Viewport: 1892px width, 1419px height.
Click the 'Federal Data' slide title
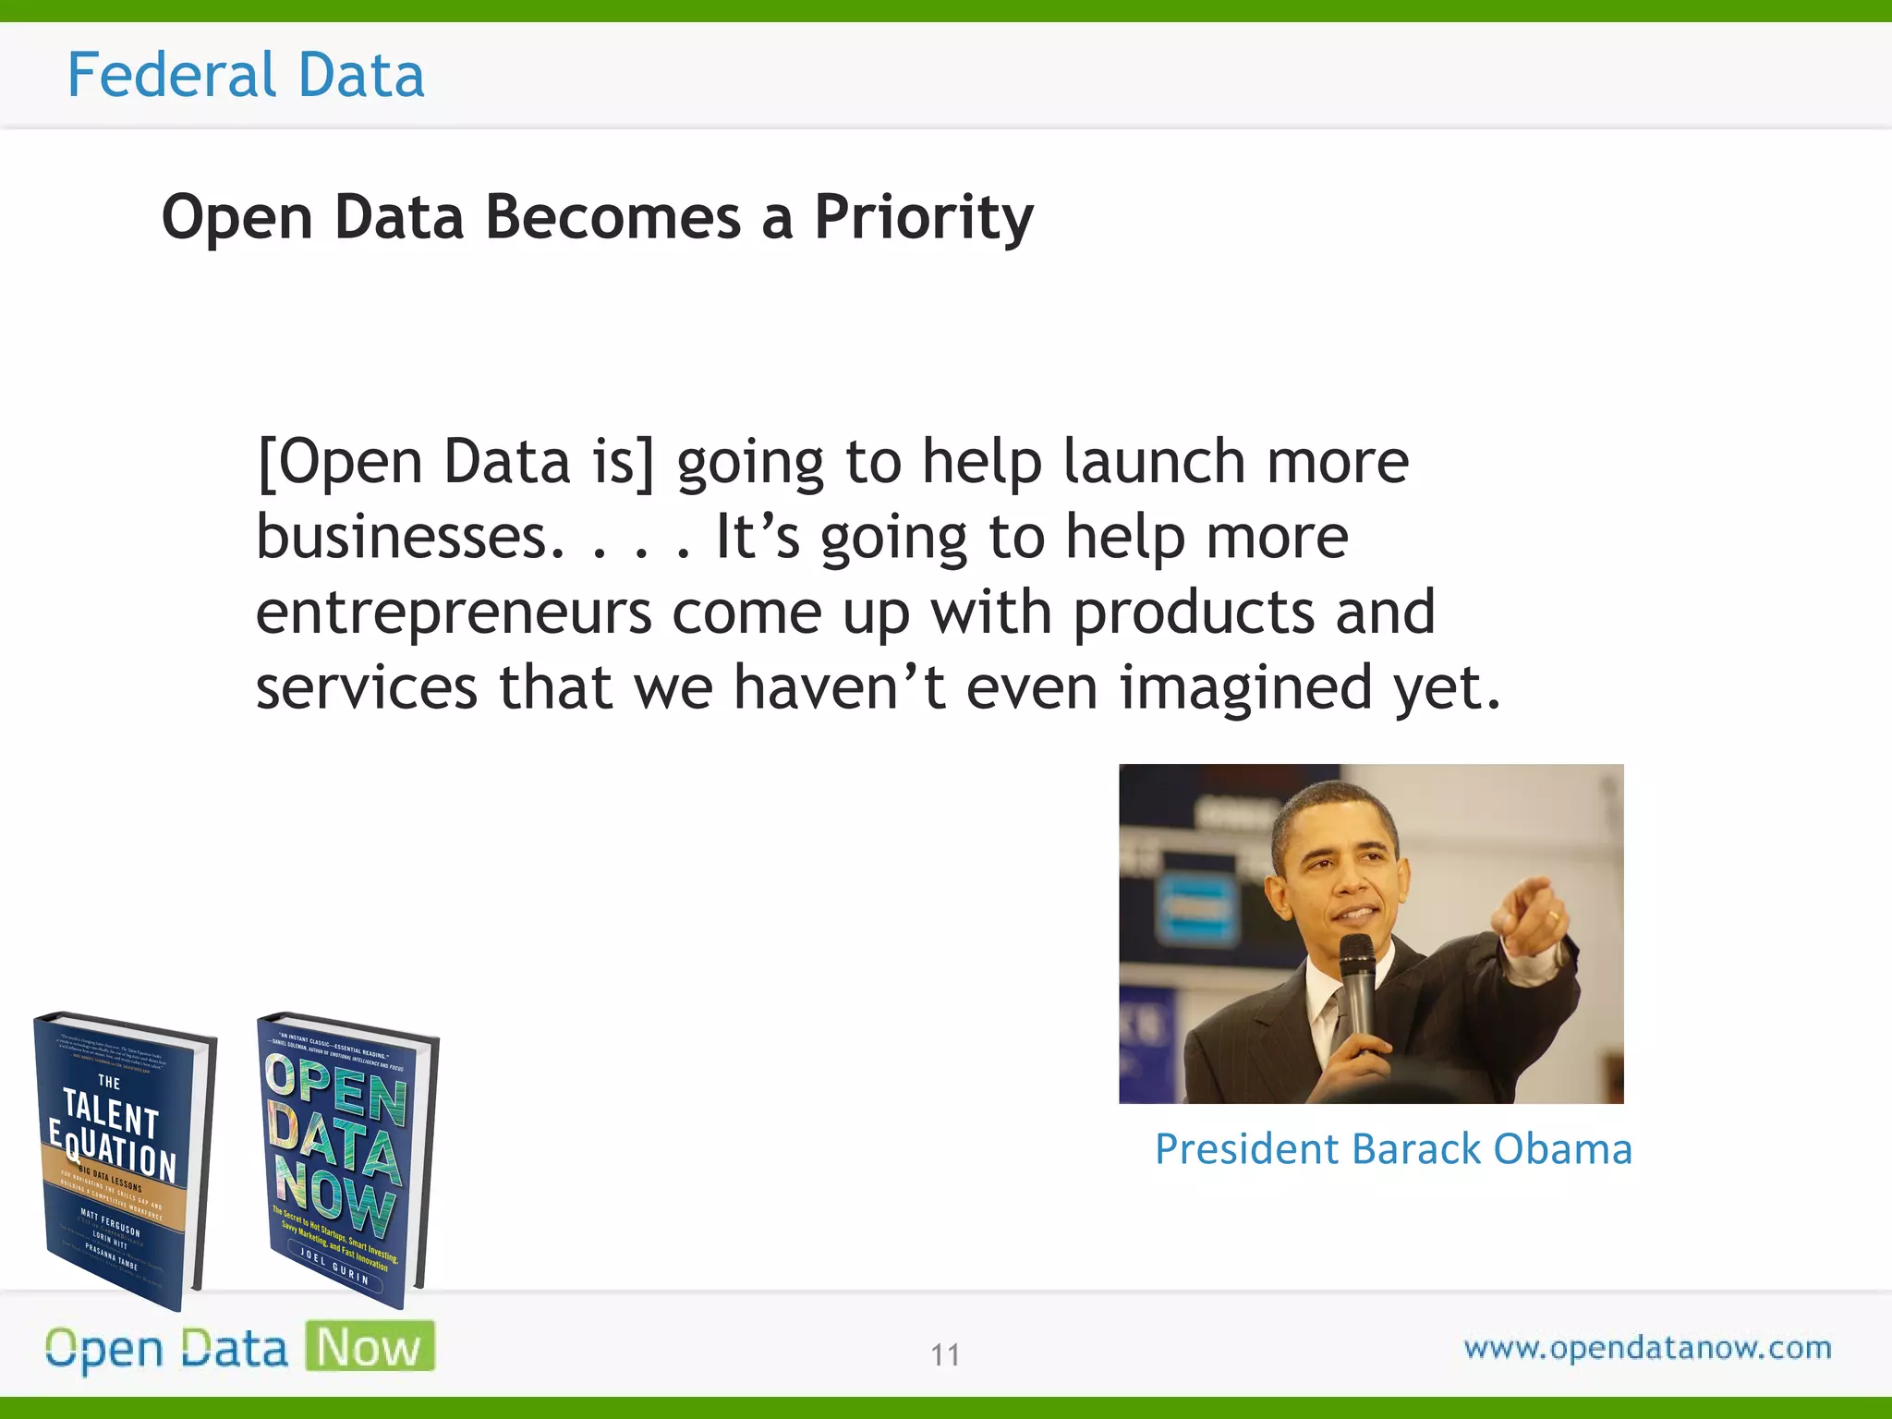246,75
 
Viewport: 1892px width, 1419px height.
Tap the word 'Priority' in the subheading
923,218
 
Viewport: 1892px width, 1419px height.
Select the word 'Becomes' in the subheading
612,218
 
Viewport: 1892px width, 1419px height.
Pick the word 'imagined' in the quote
1245,687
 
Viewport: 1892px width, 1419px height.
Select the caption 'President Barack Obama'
1393,1149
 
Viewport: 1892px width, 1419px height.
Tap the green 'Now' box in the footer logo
370,1347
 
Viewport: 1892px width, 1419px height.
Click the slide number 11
945,1354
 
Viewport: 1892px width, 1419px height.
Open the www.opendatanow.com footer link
1647,1348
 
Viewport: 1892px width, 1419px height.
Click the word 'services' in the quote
366,687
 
